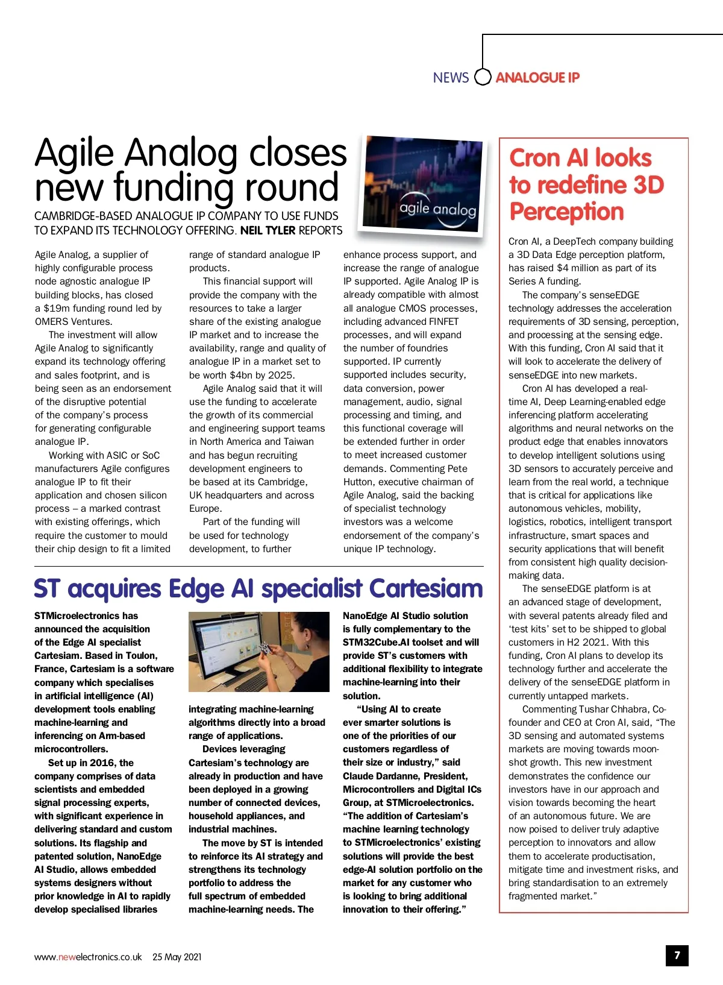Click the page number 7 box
coord(677,955)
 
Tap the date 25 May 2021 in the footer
coord(177,957)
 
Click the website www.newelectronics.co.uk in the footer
coord(88,957)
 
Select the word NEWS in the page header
coord(451,78)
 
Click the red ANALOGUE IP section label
coord(537,78)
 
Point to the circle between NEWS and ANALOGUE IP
coord(483,78)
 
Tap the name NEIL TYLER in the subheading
coord(268,230)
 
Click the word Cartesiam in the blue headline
coord(426,588)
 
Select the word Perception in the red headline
coord(566,212)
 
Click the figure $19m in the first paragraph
coord(58,308)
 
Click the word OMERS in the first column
coord(51,321)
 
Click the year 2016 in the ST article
coord(102,763)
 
